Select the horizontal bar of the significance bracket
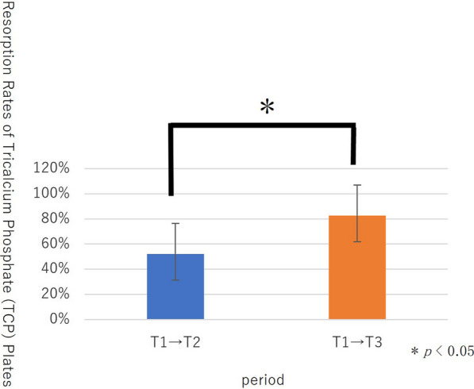tap(262, 125)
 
